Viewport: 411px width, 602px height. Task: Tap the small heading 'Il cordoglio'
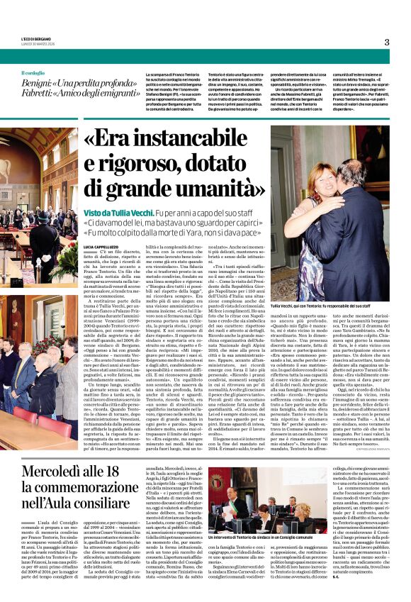coord(33,73)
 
